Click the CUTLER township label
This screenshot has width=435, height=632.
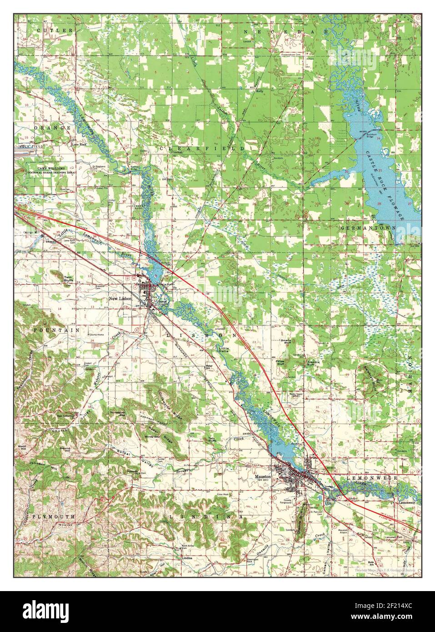[49, 30]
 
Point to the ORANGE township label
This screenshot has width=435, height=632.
[54, 128]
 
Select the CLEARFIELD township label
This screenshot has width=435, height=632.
[202, 148]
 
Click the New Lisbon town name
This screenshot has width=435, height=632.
[120, 299]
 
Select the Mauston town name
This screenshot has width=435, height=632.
[263, 472]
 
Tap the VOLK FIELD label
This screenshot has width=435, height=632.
[27, 147]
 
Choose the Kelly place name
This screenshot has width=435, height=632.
[260, 91]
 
